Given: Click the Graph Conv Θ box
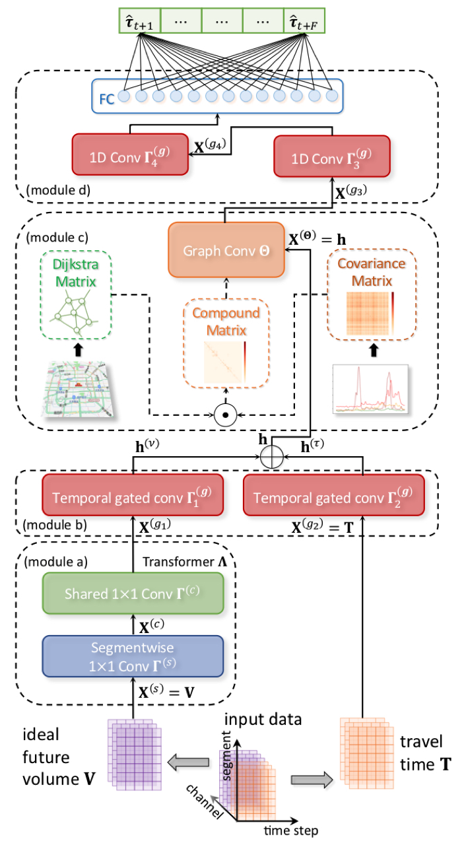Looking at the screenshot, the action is (x=226, y=250).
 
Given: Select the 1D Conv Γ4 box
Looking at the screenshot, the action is (x=130, y=154).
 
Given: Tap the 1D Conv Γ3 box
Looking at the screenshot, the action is (x=332, y=156).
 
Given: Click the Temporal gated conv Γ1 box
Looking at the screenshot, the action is (x=133, y=495).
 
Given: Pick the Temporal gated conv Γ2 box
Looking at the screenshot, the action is (x=334, y=495).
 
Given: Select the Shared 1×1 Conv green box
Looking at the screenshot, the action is (x=133, y=593).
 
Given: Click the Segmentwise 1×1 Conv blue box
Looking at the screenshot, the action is (x=133, y=656).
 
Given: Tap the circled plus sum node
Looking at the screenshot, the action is (x=272, y=457).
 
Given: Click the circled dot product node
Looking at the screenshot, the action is (x=226, y=415).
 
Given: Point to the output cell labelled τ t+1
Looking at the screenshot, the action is (x=140, y=20).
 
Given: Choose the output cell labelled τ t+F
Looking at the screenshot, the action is (x=304, y=20).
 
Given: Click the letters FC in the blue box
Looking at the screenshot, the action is (x=107, y=99).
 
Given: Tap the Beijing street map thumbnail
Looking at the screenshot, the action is (x=77, y=389).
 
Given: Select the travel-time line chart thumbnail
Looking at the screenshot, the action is (x=370, y=389).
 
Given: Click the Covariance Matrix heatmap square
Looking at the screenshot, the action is (x=368, y=314).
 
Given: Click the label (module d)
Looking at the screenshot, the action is (x=59, y=190).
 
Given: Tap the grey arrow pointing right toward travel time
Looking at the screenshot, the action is (x=312, y=780).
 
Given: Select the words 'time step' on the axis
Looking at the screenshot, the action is (x=291, y=830).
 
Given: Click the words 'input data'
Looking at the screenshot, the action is (x=263, y=720).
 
